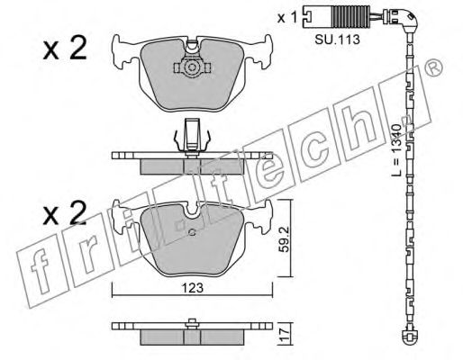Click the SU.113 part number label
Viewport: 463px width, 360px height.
point(337,40)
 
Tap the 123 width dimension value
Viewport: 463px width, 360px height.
point(193,288)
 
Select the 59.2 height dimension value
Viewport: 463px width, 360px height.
point(284,239)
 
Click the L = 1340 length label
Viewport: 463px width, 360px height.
point(396,150)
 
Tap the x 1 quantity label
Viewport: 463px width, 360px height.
point(287,18)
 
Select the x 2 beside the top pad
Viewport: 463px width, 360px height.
point(65,48)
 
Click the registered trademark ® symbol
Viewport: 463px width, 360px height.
point(434,67)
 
